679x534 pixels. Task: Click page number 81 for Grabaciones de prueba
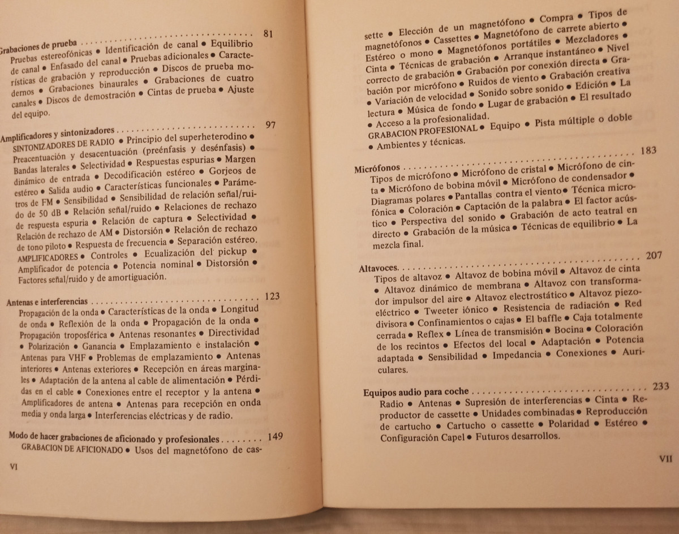pos(268,34)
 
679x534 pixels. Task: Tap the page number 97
pos(270,124)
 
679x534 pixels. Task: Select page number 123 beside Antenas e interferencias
pos(272,296)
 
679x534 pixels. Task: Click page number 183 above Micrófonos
pos(648,151)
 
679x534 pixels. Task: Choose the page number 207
pos(653,256)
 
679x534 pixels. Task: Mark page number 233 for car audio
pos(660,386)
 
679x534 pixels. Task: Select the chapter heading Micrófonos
pos(377,169)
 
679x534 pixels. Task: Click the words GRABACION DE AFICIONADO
pos(72,450)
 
